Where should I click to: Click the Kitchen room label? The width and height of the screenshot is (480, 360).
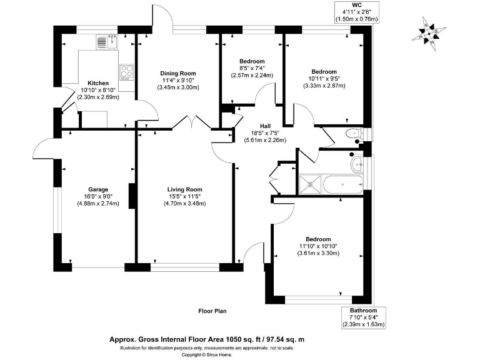(x=98, y=83)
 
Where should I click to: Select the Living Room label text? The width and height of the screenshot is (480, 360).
(x=184, y=189)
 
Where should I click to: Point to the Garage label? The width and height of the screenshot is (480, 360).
(x=98, y=189)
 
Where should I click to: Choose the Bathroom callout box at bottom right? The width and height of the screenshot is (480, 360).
(x=363, y=317)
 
